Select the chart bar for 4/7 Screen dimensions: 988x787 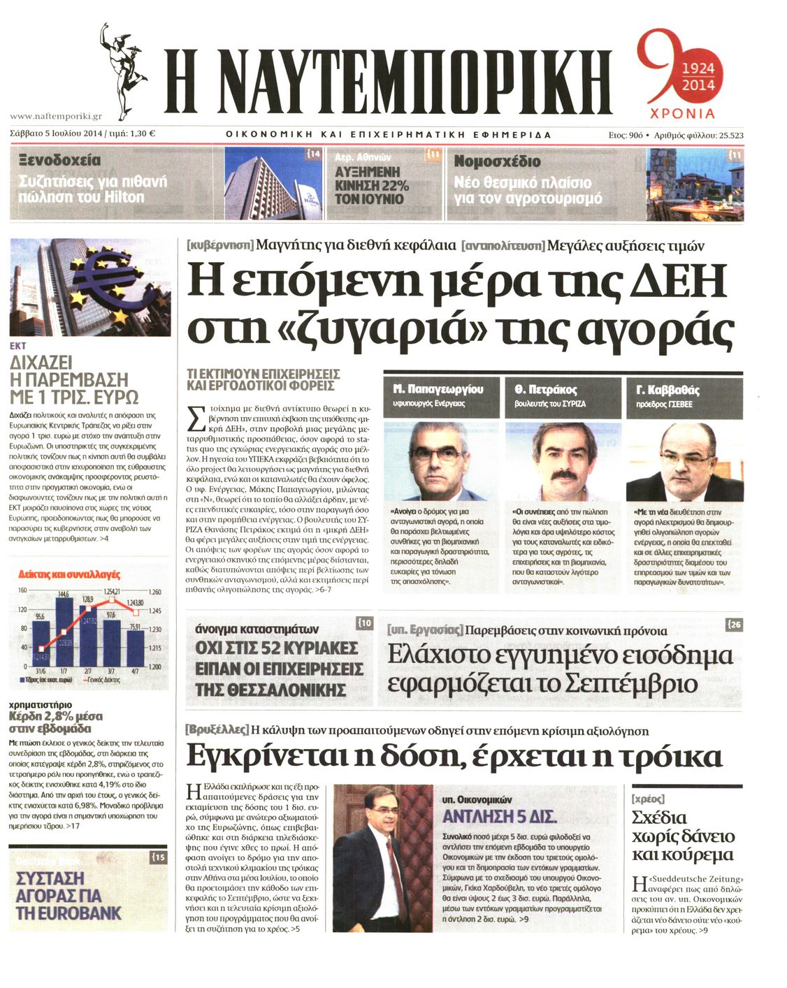(x=135, y=648)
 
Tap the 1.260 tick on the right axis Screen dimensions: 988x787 (x=154, y=592)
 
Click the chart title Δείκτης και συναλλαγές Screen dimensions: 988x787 (x=69, y=575)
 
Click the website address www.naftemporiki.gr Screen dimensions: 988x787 (x=56, y=117)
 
